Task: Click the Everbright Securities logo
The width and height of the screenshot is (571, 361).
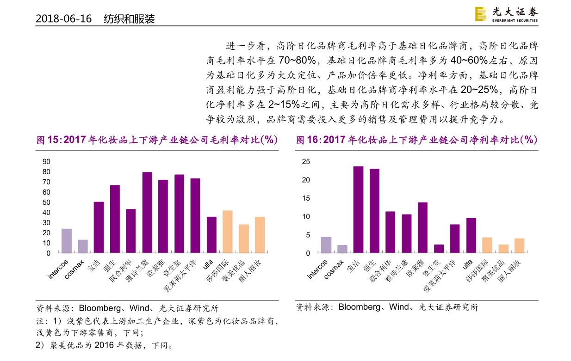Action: click(506, 14)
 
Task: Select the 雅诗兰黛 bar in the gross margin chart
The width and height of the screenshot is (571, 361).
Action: click(147, 213)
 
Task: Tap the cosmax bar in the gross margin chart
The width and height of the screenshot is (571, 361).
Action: click(83, 246)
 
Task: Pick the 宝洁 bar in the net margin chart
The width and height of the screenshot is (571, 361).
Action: click(358, 210)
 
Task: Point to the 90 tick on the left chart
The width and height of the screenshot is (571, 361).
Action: click(46, 162)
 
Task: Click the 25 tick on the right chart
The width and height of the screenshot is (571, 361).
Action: click(305, 162)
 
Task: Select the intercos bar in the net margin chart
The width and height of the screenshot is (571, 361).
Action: click(326, 245)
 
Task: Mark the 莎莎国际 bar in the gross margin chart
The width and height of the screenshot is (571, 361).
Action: click(227, 232)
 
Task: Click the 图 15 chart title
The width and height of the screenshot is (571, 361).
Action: click(157, 140)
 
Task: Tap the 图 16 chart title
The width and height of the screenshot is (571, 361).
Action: click(416, 140)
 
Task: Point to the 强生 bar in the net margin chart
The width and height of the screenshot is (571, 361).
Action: click(374, 211)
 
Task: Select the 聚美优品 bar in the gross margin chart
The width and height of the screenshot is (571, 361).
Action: click(243, 239)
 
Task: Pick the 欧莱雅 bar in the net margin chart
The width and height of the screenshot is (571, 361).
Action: click(422, 228)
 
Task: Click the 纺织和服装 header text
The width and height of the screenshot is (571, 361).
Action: click(129, 19)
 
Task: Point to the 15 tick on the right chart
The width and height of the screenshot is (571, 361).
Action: click(305, 198)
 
